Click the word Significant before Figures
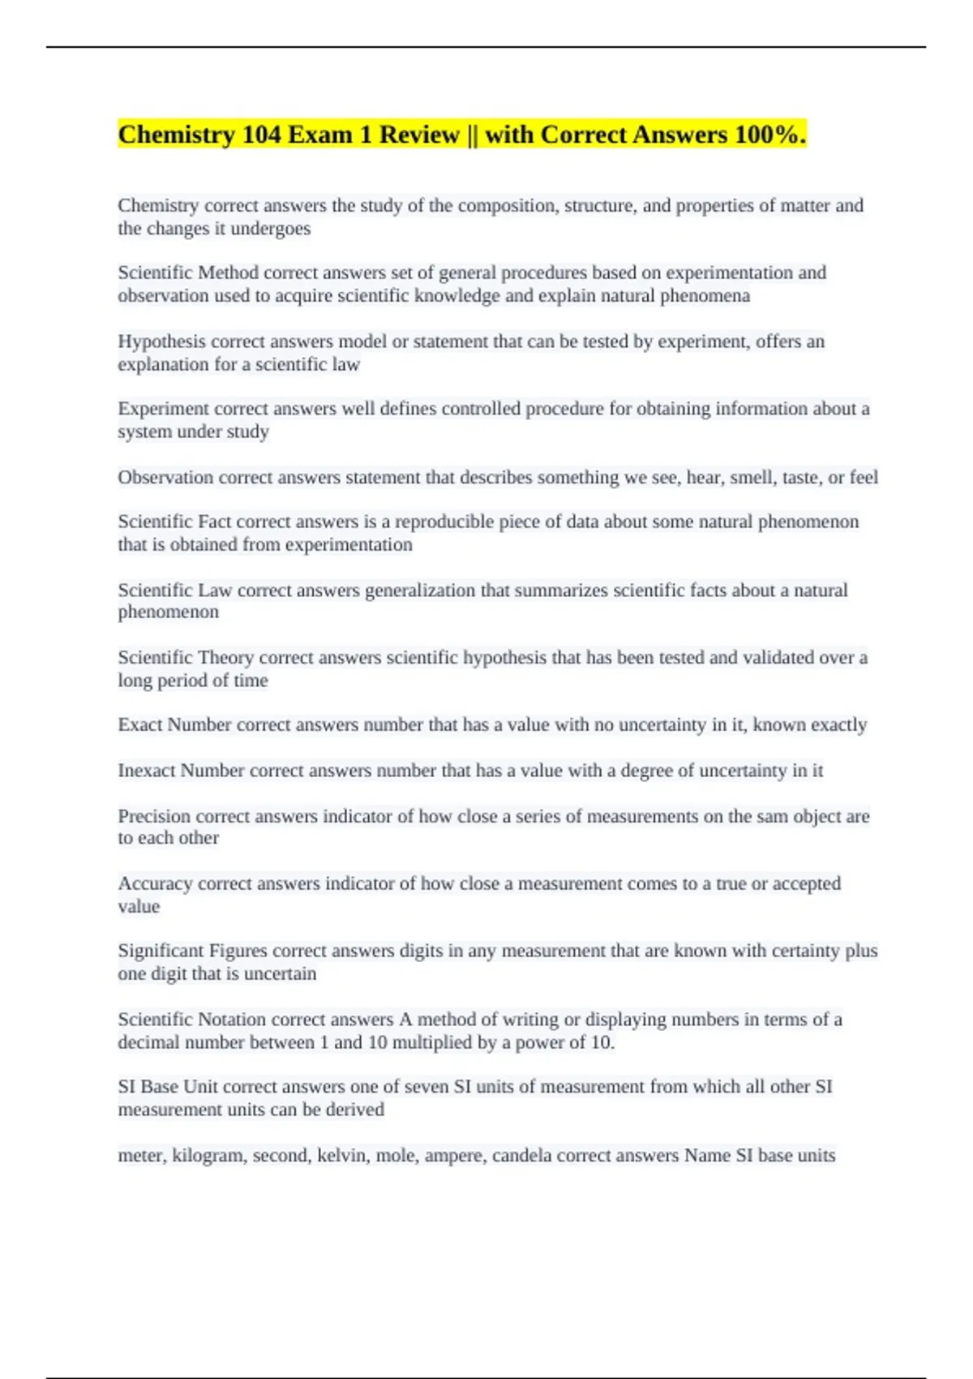click(161, 951)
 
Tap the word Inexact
click(146, 770)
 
